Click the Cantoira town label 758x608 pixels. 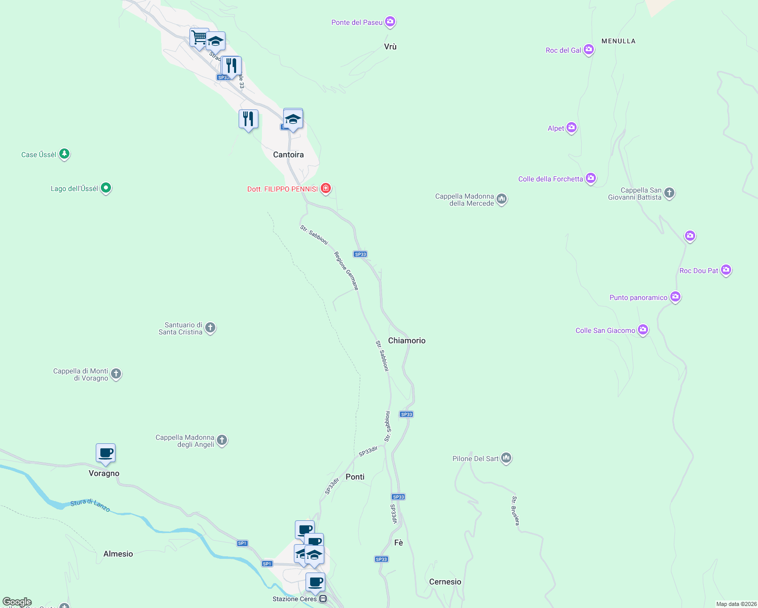[288, 155]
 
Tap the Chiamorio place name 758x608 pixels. [406, 340]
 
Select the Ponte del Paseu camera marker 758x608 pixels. [390, 21]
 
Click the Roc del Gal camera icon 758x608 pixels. [588, 50]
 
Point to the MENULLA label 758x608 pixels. [618, 41]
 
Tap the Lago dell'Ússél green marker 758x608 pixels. [106, 188]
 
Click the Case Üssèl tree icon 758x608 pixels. [64, 154]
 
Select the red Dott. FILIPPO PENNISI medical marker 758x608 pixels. [326, 188]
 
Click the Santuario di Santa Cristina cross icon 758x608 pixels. [210, 328]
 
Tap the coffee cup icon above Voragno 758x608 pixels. [105, 453]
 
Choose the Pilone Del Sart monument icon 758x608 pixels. [506, 458]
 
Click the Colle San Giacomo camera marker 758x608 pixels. [643, 330]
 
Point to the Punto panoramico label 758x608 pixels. [638, 297]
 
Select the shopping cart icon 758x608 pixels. [199, 37]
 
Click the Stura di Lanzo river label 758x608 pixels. [90, 505]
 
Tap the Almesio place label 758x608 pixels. [118, 554]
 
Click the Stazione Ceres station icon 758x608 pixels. [323, 599]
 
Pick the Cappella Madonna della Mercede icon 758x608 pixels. [502, 199]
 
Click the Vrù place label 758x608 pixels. [390, 47]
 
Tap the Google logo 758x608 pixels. [17, 602]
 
